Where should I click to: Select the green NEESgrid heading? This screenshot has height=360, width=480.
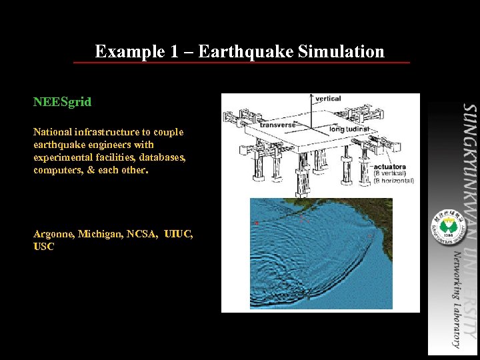(62, 103)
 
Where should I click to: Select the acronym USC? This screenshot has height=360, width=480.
(43, 247)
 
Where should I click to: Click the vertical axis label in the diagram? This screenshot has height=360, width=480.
(328, 99)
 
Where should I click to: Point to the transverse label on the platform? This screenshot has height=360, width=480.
(277, 125)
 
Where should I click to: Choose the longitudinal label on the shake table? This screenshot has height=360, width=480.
(349, 129)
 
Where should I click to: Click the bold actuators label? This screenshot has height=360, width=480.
(390, 167)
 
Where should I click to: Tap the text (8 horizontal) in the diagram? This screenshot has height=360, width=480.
(394, 181)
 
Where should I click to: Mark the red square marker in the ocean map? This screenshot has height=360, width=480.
(256, 223)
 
